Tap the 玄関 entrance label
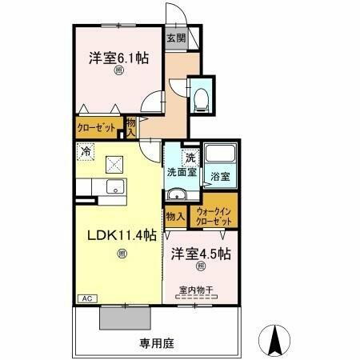tap(176, 37)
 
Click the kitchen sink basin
tap(114, 188)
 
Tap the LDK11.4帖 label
tap(121, 235)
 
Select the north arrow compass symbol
tap(276, 340)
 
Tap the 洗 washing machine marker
tap(190, 158)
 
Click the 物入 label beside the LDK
tap(174, 215)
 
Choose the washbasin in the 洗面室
tap(176, 195)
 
